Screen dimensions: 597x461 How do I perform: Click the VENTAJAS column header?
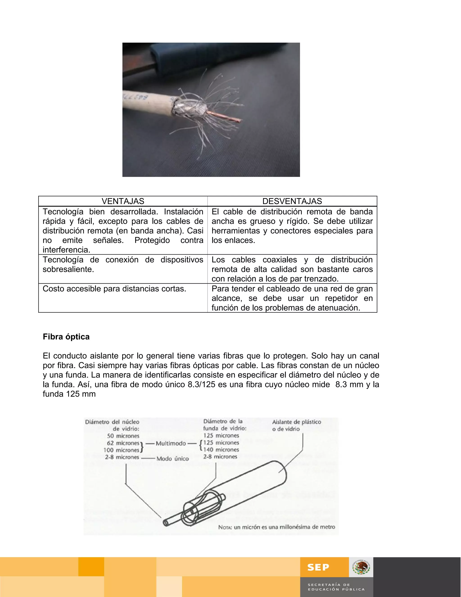tap(123, 201)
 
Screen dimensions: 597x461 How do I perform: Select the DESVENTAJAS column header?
tap(292, 201)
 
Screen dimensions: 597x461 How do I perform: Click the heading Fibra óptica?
tap(66, 337)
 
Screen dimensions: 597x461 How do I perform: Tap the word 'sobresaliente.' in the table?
tap(68, 269)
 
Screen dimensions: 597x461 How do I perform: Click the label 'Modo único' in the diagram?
tap(173, 459)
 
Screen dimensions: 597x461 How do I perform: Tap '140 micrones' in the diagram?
tap(221, 450)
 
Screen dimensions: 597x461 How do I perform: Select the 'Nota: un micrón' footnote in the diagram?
tap(276, 527)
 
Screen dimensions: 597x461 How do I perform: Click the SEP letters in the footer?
tap(318, 567)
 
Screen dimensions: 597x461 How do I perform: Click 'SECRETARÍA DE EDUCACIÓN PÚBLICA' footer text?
tap(336, 587)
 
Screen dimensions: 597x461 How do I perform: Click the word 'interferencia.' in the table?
tap(66, 250)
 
